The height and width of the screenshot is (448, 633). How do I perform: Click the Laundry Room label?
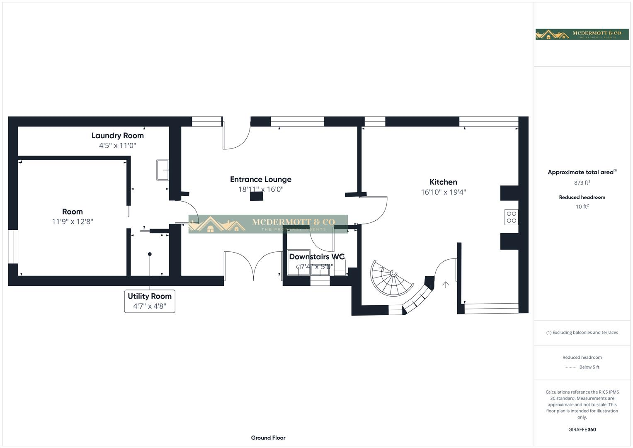pyautogui.click(x=117, y=136)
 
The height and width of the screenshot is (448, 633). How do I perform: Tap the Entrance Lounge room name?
pyautogui.click(x=260, y=180)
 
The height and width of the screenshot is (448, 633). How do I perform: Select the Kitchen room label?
pyautogui.click(x=443, y=182)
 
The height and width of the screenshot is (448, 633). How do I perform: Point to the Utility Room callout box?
pyautogui.click(x=150, y=301)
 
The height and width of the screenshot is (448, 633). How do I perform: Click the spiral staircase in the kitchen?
pyautogui.click(x=391, y=278)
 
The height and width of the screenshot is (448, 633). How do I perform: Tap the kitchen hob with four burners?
pyautogui.click(x=511, y=217)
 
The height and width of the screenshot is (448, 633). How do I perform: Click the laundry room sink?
pyautogui.click(x=162, y=170)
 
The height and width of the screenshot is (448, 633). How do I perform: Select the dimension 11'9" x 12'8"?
pyautogui.click(x=72, y=222)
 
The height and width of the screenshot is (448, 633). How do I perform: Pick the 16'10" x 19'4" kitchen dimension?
pyautogui.click(x=443, y=192)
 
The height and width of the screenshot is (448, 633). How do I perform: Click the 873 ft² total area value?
pyautogui.click(x=582, y=183)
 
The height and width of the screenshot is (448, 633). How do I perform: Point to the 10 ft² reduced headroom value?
pyautogui.click(x=582, y=207)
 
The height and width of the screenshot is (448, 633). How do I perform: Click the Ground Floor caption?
pyautogui.click(x=268, y=438)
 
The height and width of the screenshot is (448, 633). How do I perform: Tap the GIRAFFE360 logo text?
pyautogui.click(x=582, y=429)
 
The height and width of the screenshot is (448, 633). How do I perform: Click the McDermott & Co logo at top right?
pyautogui.click(x=582, y=34)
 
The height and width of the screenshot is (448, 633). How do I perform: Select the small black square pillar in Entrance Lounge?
pyautogui.click(x=257, y=197)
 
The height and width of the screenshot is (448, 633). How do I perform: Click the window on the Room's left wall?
pyautogui.click(x=13, y=246)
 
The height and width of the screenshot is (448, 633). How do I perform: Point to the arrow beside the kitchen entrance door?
pyautogui.click(x=446, y=285)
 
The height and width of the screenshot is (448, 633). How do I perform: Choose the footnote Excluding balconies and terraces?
pyautogui.click(x=582, y=332)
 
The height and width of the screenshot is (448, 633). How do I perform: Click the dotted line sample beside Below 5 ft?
pyautogui.click(x=570, y=368)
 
